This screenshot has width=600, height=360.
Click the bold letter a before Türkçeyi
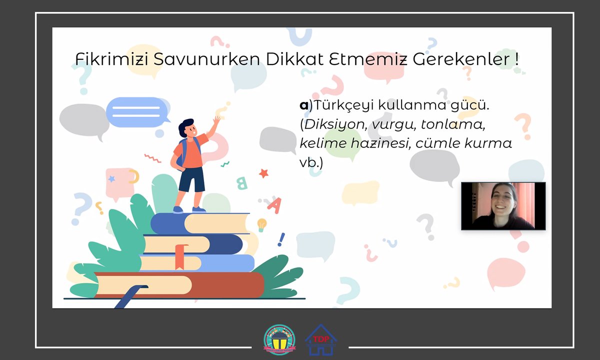303,105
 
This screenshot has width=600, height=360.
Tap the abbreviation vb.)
311,162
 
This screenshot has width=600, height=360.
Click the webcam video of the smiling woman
503,206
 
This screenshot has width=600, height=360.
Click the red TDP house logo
321,339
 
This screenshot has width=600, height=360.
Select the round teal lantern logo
279,340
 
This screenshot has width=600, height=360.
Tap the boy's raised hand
216,120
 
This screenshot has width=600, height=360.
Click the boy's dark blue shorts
191,179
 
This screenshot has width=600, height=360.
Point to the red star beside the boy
263,173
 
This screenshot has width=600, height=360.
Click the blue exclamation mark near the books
281,239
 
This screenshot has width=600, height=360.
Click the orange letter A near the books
274,204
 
